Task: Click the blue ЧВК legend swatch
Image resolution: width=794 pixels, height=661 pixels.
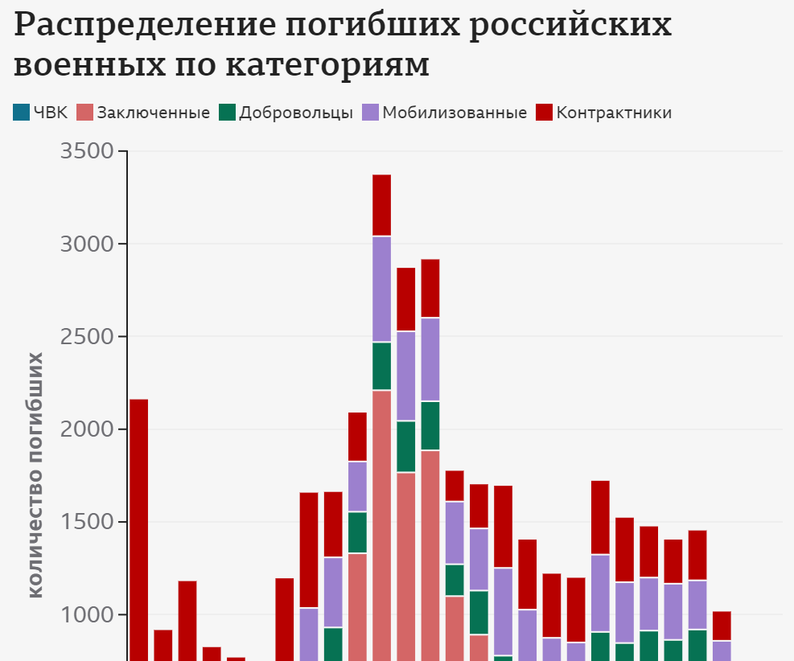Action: (21, 113)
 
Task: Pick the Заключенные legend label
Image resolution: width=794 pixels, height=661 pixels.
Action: (154, 113)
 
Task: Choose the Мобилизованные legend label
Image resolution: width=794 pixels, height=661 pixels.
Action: (455, 113)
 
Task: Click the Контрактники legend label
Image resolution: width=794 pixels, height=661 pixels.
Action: (614, 113)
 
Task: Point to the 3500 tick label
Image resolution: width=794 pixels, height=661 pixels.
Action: (84, 151)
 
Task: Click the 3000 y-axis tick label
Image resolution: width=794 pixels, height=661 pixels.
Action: (84, 244)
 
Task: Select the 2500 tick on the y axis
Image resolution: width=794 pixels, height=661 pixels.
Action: (84, 337)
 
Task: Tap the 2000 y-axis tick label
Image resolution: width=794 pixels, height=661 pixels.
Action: (84, 429)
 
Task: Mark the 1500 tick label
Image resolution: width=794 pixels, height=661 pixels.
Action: (84, 522)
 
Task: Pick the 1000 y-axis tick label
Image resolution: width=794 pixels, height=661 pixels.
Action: (84, 615)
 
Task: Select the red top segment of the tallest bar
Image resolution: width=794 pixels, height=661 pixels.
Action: (381, 205)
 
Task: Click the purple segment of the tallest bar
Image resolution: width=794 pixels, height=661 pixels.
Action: (381, 289)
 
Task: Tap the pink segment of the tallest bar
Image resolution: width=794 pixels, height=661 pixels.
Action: (381, 523)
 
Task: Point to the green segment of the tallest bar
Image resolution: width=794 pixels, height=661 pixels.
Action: (381, 366)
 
